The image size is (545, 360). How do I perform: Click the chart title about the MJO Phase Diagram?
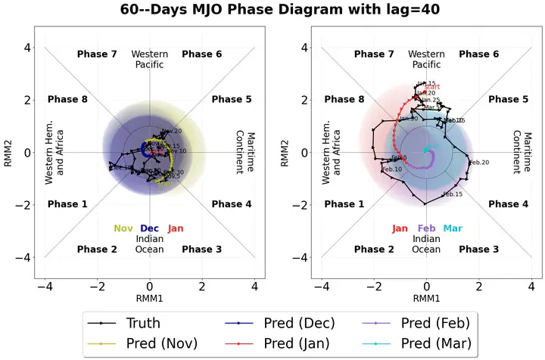tap(272, 11)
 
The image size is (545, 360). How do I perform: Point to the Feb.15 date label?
tap(452, 194)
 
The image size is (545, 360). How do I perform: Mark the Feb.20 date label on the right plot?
tap(479, 163)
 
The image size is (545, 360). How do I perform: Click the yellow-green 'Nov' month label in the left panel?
tap(123, 228)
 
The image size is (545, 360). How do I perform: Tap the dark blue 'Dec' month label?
tap(149, 228)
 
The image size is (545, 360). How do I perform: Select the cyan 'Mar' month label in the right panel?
tap(453, 228)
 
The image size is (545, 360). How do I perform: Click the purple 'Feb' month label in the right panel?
tap(426, 228)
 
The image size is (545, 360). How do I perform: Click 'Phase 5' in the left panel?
tap(231, 100)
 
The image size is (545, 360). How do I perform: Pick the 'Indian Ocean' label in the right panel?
tap(426, 244)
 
